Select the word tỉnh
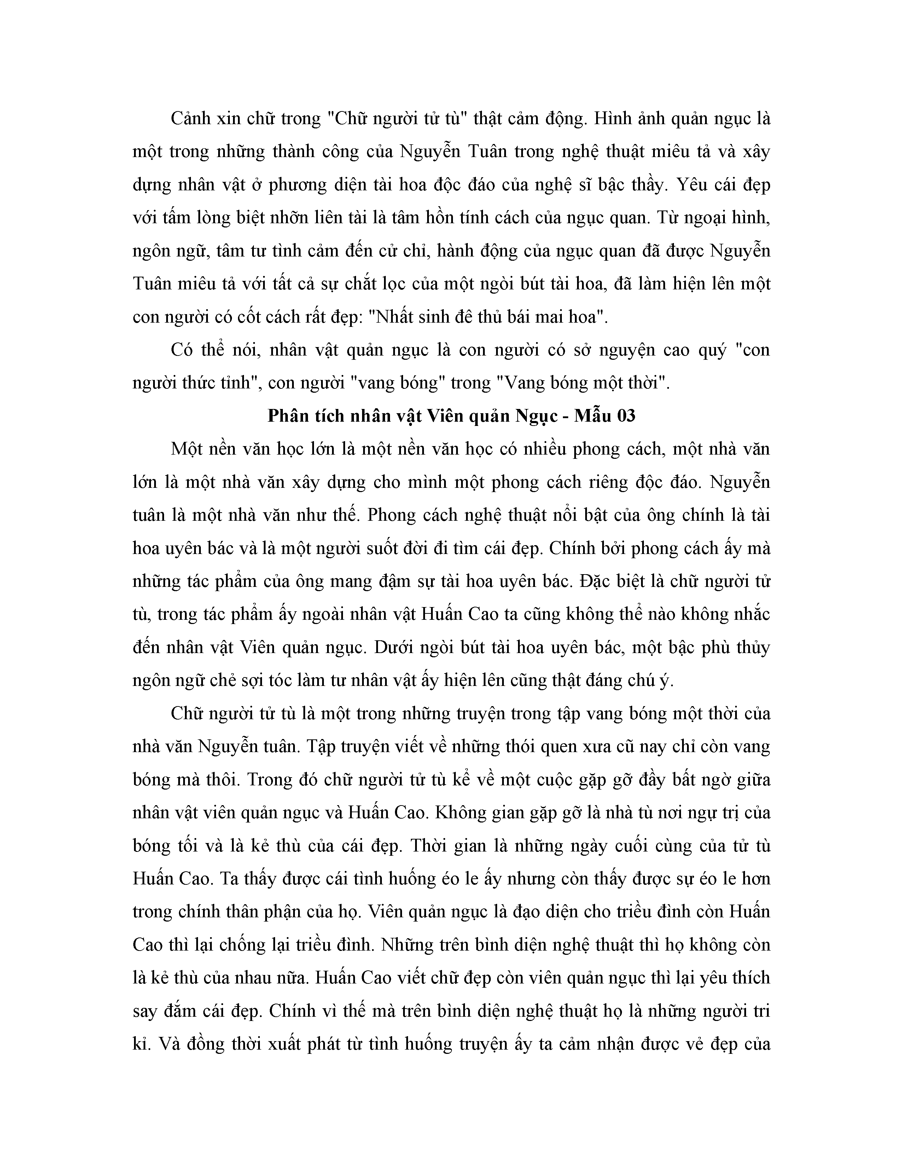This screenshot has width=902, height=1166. [x=236, y=383]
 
